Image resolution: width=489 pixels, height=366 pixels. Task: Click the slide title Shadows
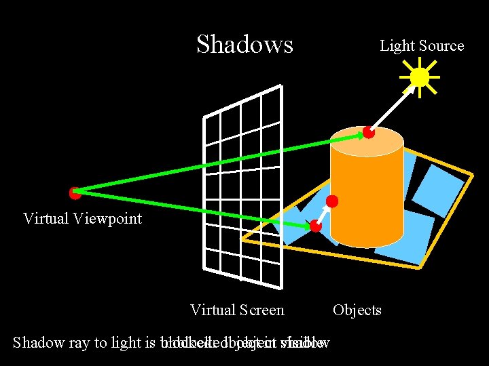point(244,44)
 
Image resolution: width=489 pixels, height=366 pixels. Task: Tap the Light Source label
point(421,46)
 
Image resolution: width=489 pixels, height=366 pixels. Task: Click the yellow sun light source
point(420,77)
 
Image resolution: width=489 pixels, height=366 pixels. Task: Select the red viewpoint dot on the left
point(75,193)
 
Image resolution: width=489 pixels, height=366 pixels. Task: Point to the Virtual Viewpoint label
point(82,218)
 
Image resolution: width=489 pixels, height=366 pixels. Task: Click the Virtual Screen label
point(237,310)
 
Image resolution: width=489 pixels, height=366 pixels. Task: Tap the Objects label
point(357,310)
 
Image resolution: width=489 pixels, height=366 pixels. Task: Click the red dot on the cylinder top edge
point(368,132)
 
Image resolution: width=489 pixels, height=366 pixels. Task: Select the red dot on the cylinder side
point(332,201)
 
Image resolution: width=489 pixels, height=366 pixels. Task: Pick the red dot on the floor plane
point(315,226)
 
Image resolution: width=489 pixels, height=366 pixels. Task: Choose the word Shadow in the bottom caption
point(39,342)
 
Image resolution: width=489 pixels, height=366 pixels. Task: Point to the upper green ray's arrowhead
point(360,136)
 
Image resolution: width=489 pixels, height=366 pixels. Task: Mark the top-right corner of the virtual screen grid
point(280,86)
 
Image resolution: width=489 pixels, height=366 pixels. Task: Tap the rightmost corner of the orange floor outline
point(473,175)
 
